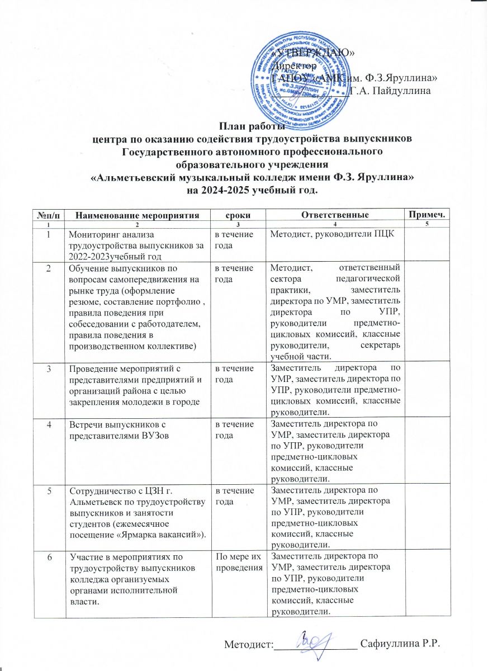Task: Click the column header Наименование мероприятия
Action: pos(137,215)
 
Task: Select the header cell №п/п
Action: pos(50,215)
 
